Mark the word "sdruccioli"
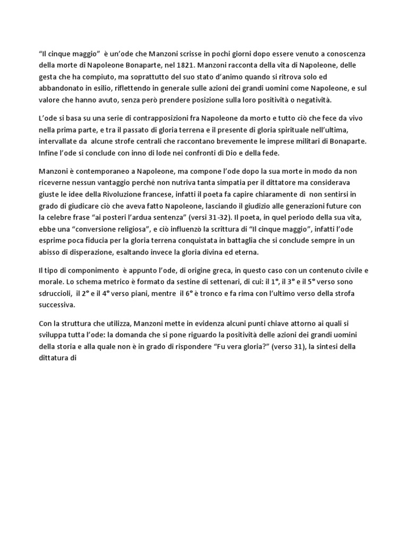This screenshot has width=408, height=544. click(58, 295)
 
